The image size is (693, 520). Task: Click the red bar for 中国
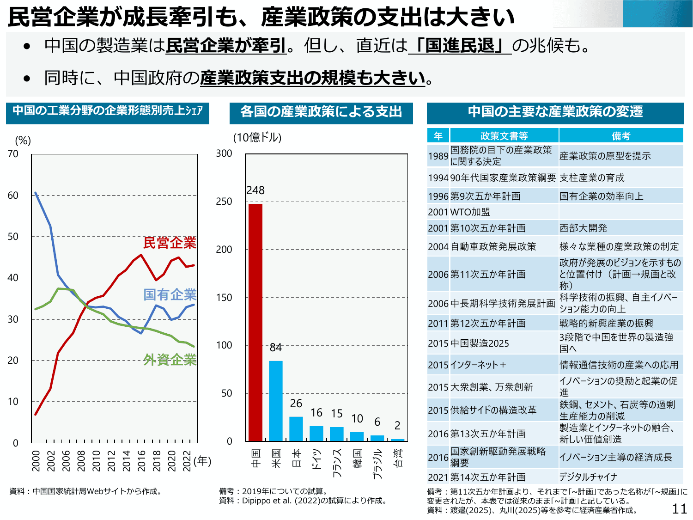(255, 322)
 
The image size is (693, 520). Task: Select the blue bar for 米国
(276, 401)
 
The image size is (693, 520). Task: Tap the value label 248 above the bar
(255, 190)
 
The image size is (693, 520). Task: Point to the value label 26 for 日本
(296, 404)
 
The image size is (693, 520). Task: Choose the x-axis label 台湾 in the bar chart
(398, 458)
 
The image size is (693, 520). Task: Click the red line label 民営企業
(170, 243)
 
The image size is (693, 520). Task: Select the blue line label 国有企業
(170, 294)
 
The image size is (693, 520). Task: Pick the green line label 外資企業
(170, 360)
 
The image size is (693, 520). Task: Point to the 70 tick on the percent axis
(13, 154)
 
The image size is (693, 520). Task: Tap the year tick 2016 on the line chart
(141, 460)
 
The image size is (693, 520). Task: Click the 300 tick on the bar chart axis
(224, 153)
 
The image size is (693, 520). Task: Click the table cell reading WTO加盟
(470, 212)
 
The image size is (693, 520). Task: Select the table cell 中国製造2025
(480, 343)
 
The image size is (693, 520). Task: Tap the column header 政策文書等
(504, 136)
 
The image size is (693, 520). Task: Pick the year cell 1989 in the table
(438, 156)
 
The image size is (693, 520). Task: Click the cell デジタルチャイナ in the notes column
(588, 477)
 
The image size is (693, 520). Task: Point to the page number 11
(680, 508)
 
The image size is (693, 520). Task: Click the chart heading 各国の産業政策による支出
(321, 112)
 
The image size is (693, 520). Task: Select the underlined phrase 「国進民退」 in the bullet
(460, 46)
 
